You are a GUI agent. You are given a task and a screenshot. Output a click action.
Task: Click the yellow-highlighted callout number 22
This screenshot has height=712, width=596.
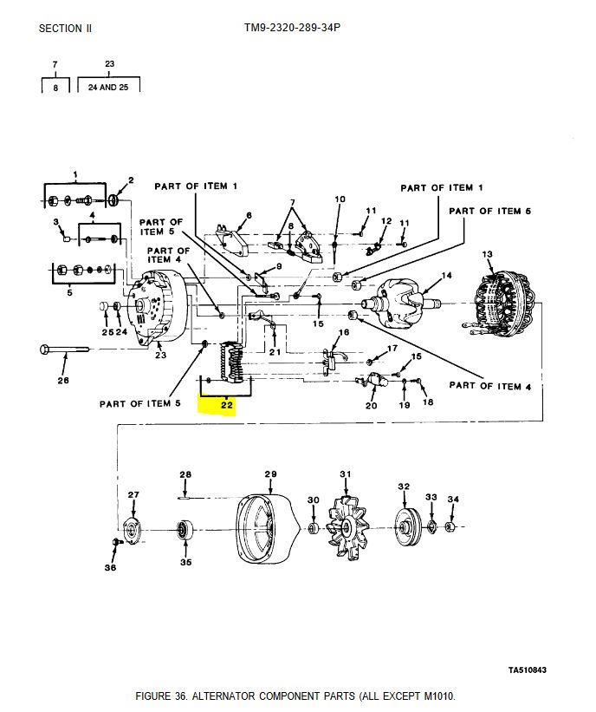point(226,405)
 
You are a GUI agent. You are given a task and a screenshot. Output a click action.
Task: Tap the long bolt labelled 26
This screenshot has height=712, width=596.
point(64,349)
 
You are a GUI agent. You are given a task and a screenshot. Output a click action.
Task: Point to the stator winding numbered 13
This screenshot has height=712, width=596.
point(503,303)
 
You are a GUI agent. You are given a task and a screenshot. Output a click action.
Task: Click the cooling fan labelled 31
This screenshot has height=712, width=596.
point(347,526)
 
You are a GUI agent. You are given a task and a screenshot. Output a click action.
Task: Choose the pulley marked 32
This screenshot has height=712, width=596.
point(406,526)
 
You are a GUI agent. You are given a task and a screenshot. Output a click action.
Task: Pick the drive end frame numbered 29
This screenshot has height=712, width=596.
point(267,528)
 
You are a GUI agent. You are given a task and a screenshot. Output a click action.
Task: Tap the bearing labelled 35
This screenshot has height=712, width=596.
point(185,530)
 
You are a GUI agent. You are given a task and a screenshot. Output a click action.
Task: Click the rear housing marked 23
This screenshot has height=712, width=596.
point(157,309)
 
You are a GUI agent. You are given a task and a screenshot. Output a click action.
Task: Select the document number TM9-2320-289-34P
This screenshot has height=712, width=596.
point(292,28)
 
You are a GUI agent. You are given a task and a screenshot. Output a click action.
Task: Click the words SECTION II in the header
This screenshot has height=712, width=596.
point(65,28)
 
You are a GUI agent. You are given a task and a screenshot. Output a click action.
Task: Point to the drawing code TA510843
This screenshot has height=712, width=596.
point(527,670)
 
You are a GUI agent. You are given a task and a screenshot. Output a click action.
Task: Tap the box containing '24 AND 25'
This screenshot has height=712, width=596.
point(108,84)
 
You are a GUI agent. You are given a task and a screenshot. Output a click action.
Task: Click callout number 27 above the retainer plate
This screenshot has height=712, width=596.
point(133,494)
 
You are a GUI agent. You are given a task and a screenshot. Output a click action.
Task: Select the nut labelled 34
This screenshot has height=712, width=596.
point(450,526)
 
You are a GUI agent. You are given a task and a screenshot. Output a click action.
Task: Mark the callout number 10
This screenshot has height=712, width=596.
point(340,199)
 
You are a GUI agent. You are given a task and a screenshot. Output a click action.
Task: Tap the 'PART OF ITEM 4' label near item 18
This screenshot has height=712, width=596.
point(489,386)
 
